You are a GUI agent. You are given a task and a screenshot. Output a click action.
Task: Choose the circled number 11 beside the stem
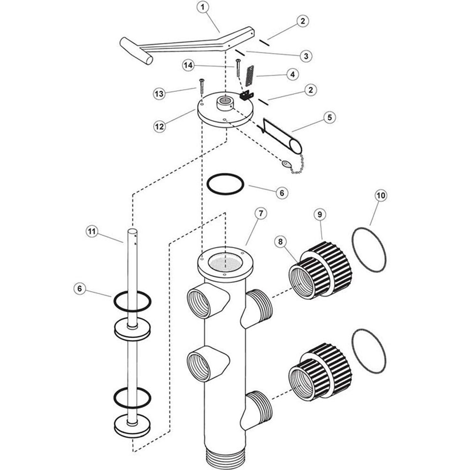coord(92,232)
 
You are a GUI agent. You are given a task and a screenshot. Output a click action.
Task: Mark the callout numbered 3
coord(306,56)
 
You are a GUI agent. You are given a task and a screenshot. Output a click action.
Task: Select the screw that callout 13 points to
coord(202,86)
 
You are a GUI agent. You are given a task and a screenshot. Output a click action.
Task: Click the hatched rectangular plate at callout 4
coord(249,76)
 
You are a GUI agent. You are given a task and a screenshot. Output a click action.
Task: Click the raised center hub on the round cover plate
coord(225,103)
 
